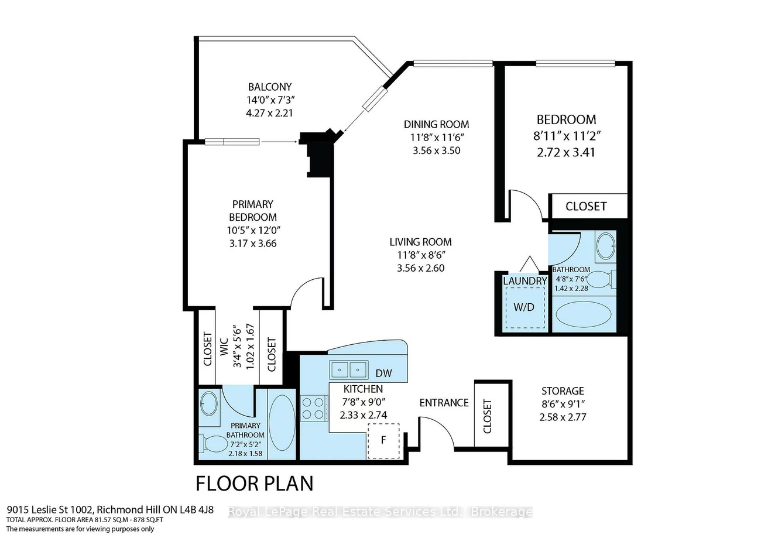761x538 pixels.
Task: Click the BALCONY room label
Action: coord(270,87)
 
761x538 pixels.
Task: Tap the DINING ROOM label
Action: coord(436,124)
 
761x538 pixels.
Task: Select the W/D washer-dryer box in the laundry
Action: coord(525,308)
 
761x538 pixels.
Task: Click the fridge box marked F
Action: coord(383,441)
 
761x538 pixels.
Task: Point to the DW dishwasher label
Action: coord(384,373)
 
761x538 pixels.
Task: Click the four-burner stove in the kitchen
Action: coord(314,408)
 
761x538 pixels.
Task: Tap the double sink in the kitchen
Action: coord(348,369)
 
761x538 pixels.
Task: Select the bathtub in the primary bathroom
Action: coord(282,423)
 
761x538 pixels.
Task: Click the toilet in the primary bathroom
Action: coord(213,444)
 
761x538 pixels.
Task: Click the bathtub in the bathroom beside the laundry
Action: coord(583,314)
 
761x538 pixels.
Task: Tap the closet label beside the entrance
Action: coord(487,417)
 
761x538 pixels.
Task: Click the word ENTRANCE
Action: coord(444,403)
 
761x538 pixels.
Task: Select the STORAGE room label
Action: coord(563,391)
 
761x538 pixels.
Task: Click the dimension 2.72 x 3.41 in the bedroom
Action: coord(566,152)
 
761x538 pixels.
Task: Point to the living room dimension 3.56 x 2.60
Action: coord(420,268)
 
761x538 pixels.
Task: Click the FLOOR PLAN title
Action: coord(255,484)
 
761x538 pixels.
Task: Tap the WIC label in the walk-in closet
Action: coord(224,347)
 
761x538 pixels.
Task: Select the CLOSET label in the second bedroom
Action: coord(586,207)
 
